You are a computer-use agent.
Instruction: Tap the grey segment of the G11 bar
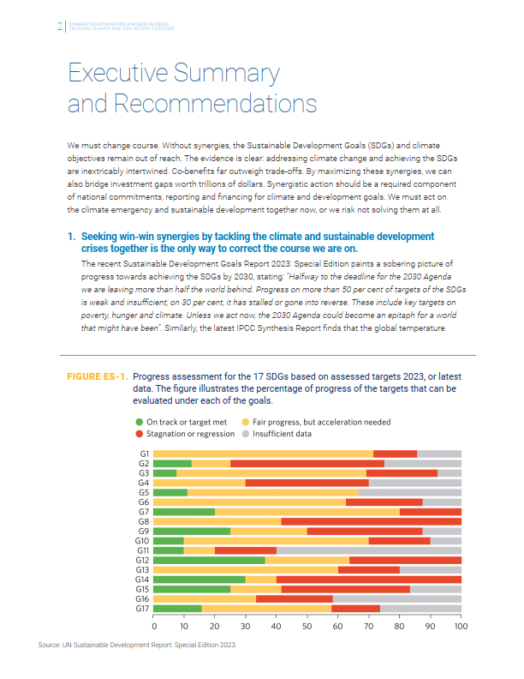pos(369,550)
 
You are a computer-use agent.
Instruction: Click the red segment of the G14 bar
pos(369,579)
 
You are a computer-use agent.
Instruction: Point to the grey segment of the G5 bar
pos(410,492)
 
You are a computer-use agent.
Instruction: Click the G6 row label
pos(145,502)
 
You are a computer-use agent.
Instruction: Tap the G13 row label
pos(143,569)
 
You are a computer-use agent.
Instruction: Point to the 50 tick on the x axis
pos(307,626)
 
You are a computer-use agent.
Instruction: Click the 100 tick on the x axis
pos(461,626)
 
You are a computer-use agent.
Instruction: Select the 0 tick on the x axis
pos(154,626)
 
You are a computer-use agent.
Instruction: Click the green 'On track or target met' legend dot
pos(140,422)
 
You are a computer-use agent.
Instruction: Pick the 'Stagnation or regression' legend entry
pos(190,433)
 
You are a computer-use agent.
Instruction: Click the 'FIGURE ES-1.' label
pos(98,377)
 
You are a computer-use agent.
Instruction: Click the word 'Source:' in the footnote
pos(51,644)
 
